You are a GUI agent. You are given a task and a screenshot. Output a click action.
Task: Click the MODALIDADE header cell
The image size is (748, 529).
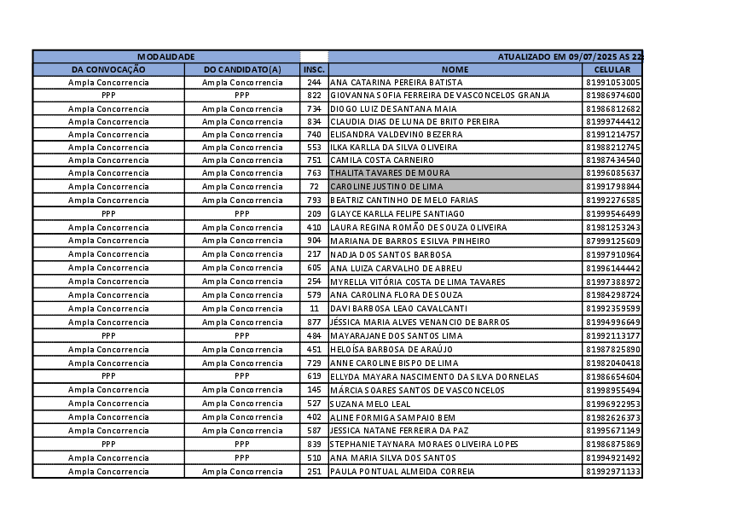[x=166, y=56]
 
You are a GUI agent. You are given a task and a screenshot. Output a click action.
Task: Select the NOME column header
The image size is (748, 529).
[x=455, y=69]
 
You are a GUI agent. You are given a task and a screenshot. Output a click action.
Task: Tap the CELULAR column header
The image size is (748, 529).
[x=612, y=69]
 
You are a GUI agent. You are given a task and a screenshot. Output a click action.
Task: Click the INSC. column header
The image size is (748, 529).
[x=314, y=69]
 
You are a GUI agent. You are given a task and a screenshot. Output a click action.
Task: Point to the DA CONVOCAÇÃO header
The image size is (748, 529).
[x=108, y=69]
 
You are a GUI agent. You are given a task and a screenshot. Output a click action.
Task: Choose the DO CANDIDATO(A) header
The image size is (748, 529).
[x=242, y=69]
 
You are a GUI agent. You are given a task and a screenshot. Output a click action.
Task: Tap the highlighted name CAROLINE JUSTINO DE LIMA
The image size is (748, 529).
[x=386, y=186]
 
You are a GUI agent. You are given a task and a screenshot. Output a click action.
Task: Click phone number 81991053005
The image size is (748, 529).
[x=613, y=83]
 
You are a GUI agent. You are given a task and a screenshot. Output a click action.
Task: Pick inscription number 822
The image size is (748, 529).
[x=314, y=96]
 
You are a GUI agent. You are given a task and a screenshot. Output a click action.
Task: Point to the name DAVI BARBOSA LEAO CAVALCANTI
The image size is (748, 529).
[x=398, y=308]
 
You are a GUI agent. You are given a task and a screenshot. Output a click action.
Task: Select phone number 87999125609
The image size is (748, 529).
[x=613, y=241]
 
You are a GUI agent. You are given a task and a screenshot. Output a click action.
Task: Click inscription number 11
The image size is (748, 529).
[x=314, y=308]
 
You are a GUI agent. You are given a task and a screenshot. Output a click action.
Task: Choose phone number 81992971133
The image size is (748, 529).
[x=613, y=471]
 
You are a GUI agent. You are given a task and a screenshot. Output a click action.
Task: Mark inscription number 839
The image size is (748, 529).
[x=314, y=445]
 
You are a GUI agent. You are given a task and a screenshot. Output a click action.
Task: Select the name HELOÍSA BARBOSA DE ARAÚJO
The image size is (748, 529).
[x=391, y=349]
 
